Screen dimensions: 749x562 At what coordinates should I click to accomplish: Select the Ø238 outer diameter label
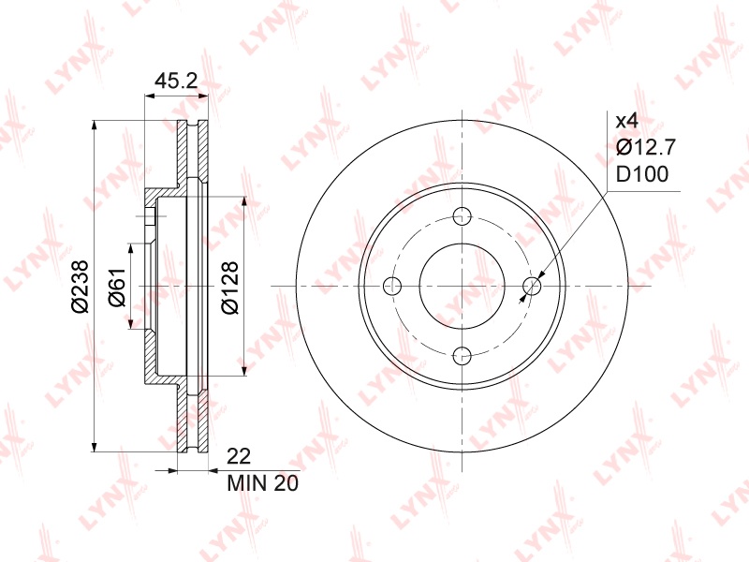pyautogui.click(x=81, y=287)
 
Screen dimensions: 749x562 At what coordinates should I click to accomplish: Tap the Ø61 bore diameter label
pyautogui.click(x=117, y=287)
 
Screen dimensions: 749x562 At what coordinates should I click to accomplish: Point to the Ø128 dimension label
pyautogui.click(x=229, y=288)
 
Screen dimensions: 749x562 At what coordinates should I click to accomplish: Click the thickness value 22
pyautogui.click(x=239, y=456)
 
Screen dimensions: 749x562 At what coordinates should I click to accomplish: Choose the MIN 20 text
pyautogui.click(x=262, y=483)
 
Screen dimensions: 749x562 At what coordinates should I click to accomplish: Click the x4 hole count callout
pyautogui.click(x=626, y=121)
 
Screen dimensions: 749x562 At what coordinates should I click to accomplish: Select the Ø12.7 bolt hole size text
pyautogui.click(x=646, y=147)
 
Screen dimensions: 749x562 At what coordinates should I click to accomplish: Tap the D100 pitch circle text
pyautogui.click(x=642, y=174)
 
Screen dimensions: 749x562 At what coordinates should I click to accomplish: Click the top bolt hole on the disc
pyautogui.click(x=462, y=216)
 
